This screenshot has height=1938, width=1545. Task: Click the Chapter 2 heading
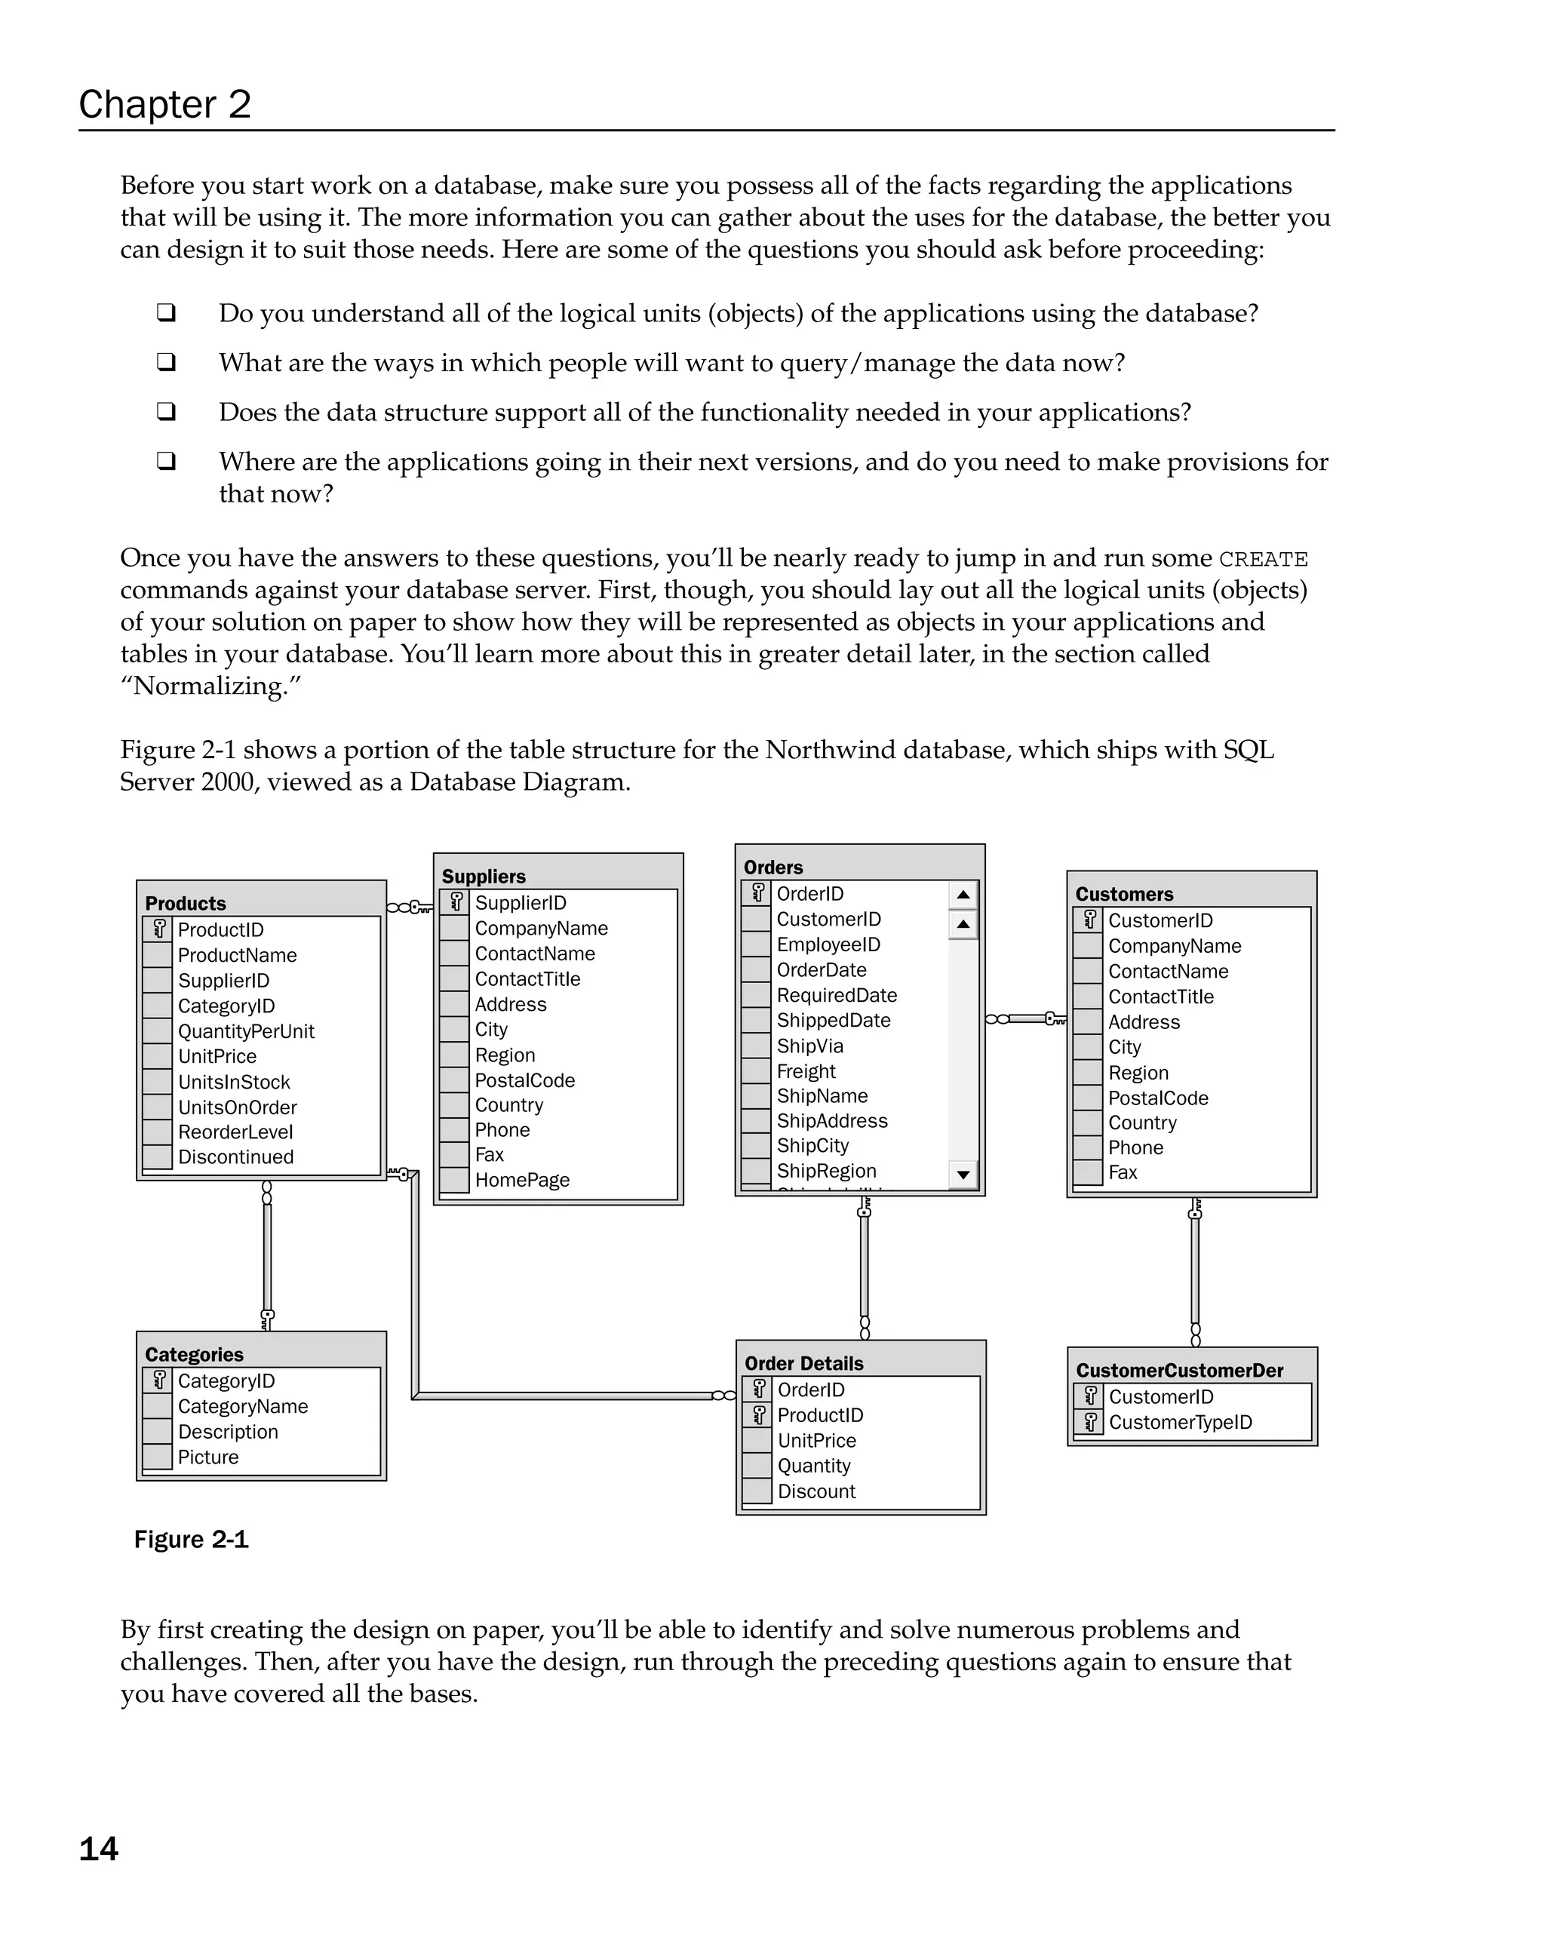coord(164,104)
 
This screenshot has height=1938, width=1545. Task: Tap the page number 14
coord(99,1849)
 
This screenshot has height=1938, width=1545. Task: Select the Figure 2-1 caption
coord(191,1539)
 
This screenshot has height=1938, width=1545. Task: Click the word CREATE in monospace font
coord(1263,559)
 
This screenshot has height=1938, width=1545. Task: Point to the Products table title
coord(185,904)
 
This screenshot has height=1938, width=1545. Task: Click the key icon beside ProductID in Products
coord(159,929)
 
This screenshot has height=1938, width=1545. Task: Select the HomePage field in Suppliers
coord(522,1181)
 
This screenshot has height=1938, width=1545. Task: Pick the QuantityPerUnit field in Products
coord(245,1031)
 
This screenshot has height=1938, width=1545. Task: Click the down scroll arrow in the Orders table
coord(963,1174)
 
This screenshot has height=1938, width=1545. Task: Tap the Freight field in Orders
coord(806,1071)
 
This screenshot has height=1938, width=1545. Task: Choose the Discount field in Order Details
coord(816,1491)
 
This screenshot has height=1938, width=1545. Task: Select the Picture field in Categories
coord(207,1457)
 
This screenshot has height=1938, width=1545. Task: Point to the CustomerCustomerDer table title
coord(1179,1370)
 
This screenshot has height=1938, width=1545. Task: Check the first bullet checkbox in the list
coord(165,313)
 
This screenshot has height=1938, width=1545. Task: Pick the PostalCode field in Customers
coord(1158,1098)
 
